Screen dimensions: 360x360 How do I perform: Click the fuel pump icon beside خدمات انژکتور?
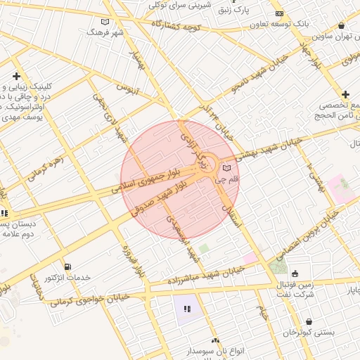coord(67,266)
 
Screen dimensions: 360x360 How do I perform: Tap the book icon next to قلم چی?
coord(226,167)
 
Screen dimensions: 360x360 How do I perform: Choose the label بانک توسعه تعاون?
coord(303,23)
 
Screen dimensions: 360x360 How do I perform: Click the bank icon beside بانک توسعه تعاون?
coord(279,13)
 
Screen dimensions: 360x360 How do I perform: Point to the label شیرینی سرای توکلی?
coord(180,4)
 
